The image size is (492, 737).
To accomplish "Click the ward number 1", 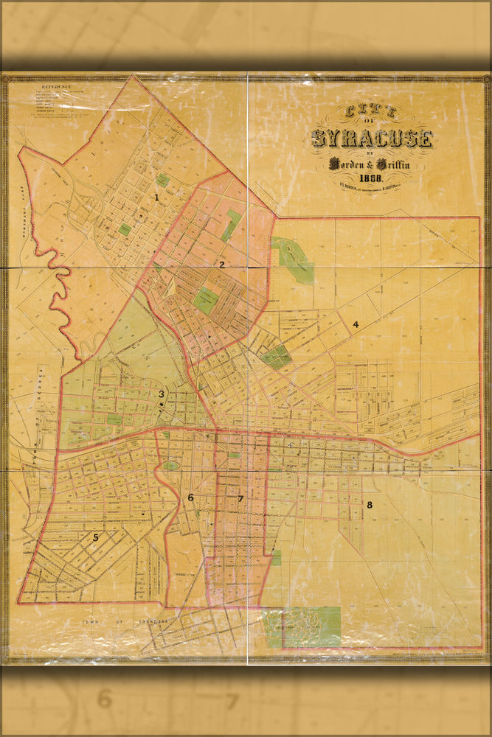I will [x=156, y=197].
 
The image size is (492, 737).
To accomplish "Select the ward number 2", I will [x=221, y=263].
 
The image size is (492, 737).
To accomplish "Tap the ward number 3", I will [x=161, y=394].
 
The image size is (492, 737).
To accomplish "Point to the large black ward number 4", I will [x=355, y=324].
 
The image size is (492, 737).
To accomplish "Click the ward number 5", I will [x=95, y=537].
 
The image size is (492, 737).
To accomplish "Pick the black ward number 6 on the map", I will [x=190, y=497].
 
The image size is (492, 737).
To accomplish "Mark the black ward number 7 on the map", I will [x=240, y=499].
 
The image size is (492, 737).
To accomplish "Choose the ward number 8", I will [x=369, y=505].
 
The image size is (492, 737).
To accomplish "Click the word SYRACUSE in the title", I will [x=371, y=138].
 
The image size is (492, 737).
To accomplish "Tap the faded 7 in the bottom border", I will [x=232, y=701].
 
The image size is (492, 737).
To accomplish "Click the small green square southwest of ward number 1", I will [x=125, y=229].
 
